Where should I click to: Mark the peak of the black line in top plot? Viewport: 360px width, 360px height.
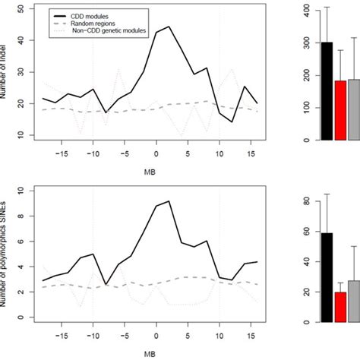pos(169,27)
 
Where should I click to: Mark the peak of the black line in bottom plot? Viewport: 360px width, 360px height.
pos(169,201)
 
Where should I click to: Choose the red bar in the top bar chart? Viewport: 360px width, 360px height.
pos(340,110)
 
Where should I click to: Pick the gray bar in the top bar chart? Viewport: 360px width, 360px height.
pos(353,109)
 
